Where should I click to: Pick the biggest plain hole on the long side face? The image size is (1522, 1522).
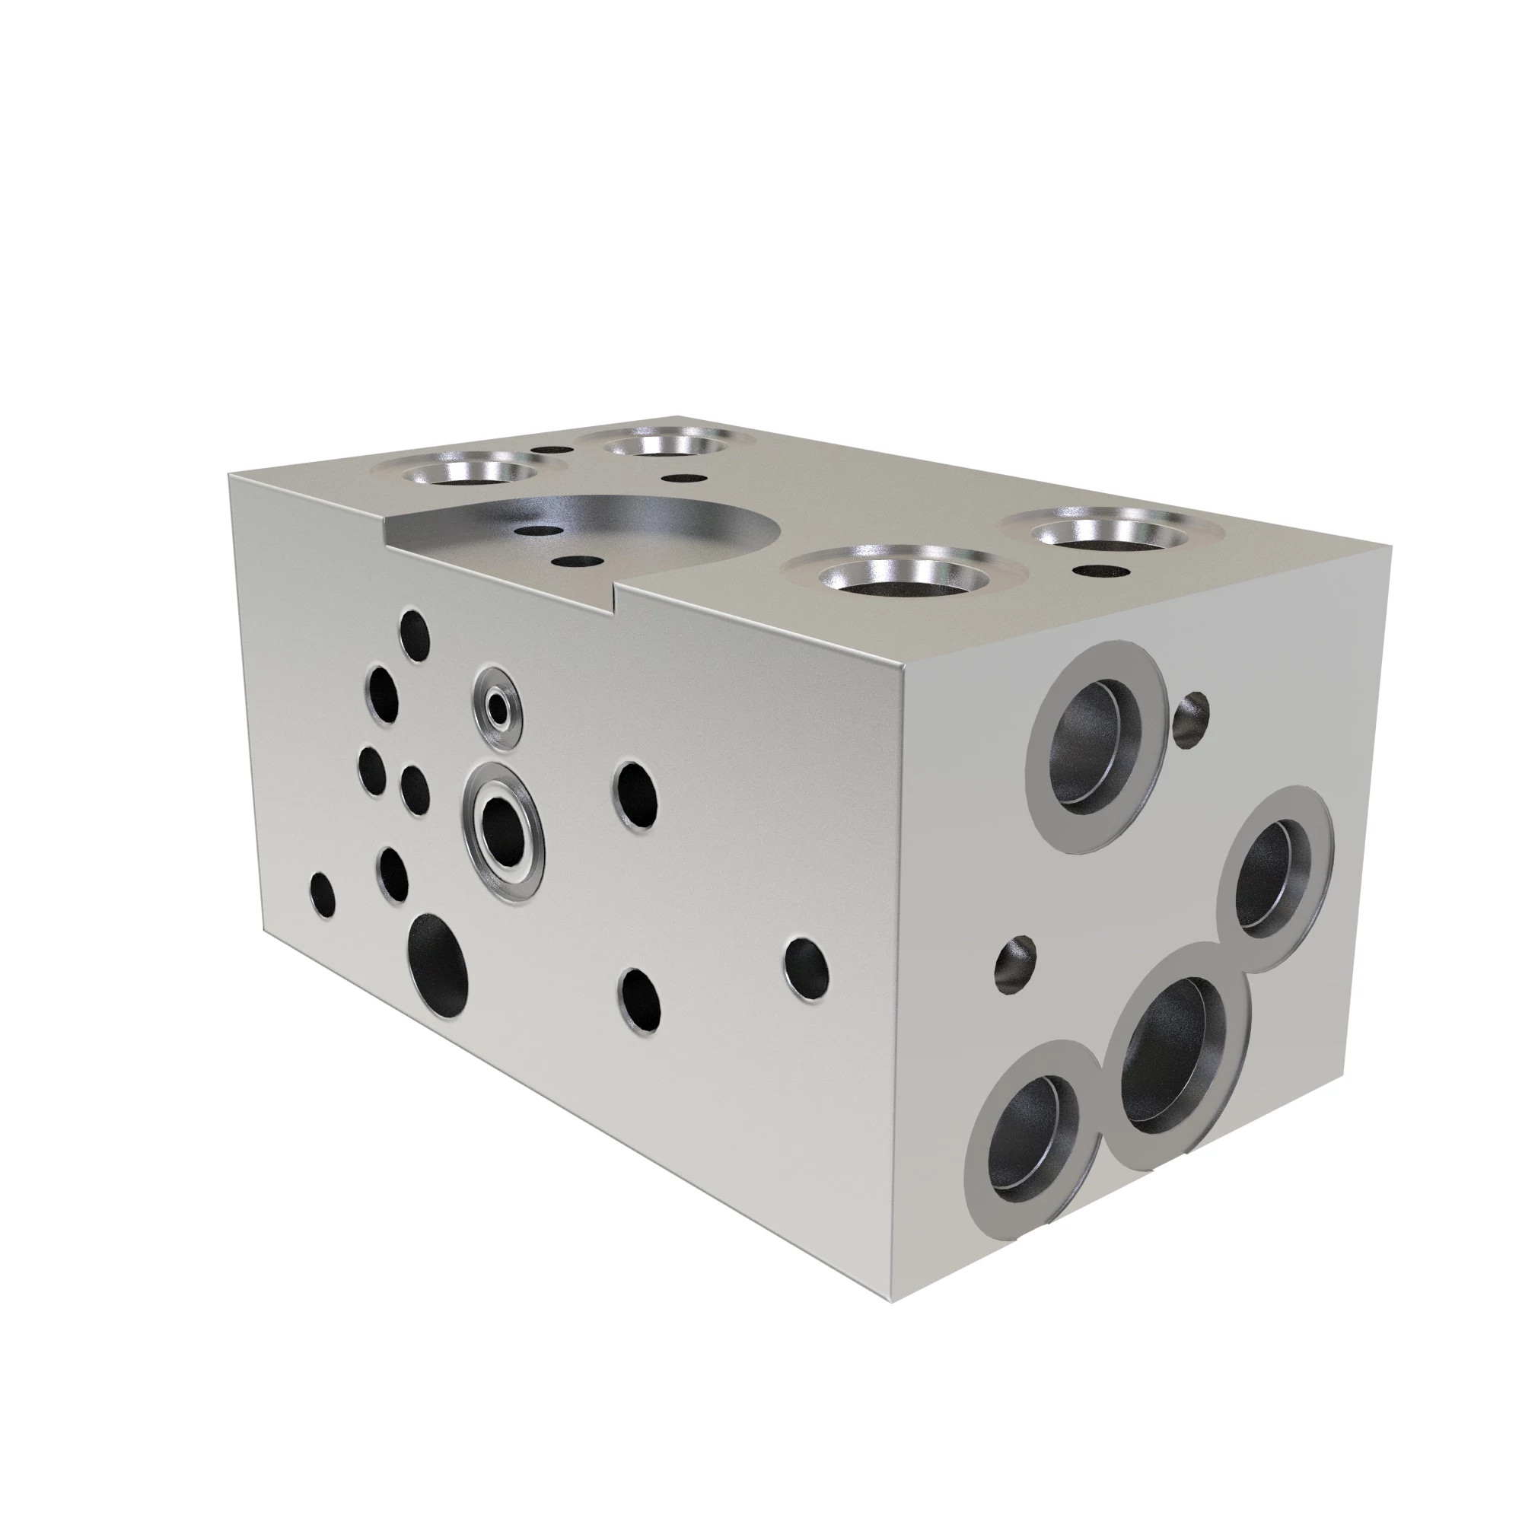(438, 965)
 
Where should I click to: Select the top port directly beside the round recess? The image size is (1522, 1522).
(903, 581)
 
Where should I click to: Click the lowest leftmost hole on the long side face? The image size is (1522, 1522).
(323, 896)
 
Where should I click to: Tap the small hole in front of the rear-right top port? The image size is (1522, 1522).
(1097, 570)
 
